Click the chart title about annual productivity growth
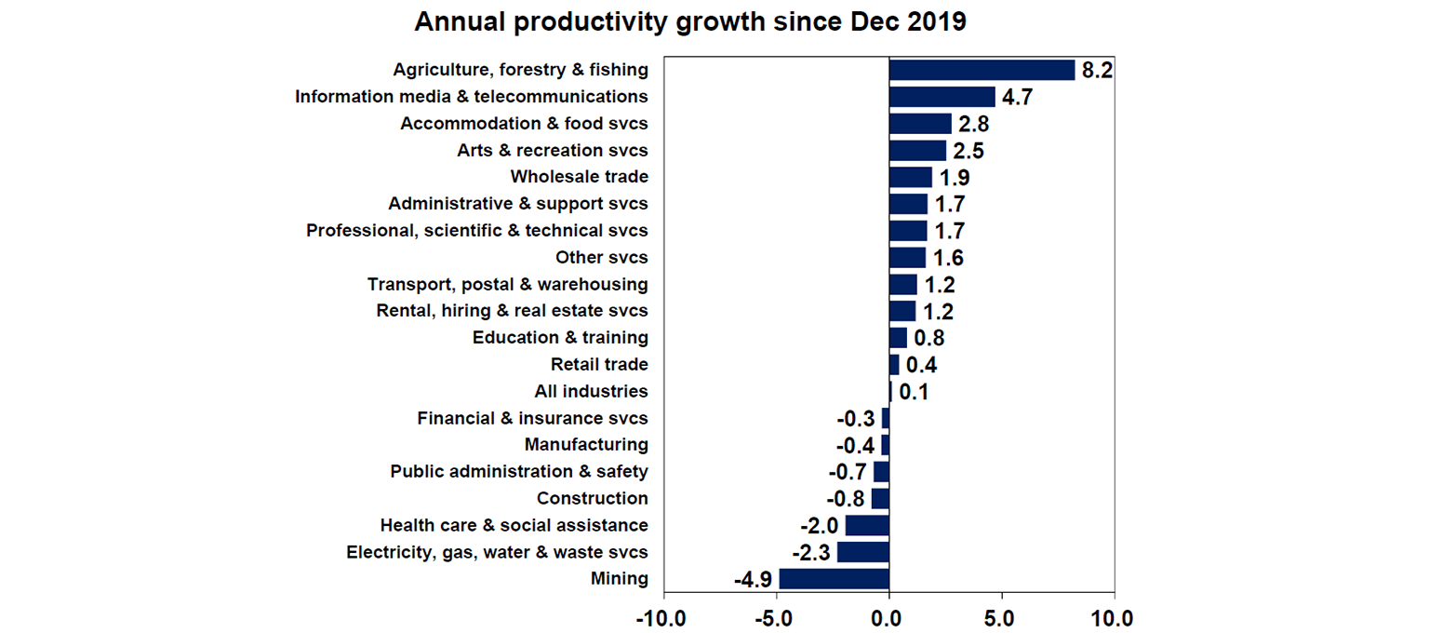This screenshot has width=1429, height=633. pyautogui.click(x=689, y=22)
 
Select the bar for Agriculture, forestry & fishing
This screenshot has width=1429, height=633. pyautogui.click(x=982, y=70)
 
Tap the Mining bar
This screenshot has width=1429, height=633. pyautogui.click(x=834, y=579)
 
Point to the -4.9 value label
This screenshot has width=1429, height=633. pyautogui.click(x=753, y=580)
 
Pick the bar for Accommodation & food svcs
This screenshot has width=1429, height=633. pyautogui.click(x=920, y=124)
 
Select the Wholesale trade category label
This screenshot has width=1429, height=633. pyautogui.click(x=579, y=177)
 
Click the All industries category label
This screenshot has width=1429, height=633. pyautogui.click(x=591, y=391)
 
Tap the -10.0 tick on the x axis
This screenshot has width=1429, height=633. pyautogui.click(x=663, y=617)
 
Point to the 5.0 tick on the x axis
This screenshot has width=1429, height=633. pyautogui.click(x=1001, y=617)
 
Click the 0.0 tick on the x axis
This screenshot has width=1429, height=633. pyautogui.click(x=888, y=617)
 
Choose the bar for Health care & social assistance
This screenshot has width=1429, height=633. pyautogui.click(x=866, y=526)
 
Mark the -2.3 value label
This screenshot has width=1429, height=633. pyautogui.click(x=810, y=553)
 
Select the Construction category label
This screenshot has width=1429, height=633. pyautogui.click(x=592, y=498)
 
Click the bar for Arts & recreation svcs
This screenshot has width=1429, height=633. pyautogui.click(x=917, y=151)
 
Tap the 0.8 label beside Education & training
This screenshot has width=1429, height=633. pyautogui.click(x=929, y=338)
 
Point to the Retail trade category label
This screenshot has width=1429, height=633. pyautogui.click(x=599, y=364)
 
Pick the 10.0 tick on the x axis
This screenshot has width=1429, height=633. pyautogui.click(x=1113, y=617)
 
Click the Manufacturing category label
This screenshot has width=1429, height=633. pyautogui.click(x=586, y=445)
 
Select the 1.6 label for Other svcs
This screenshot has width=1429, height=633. pyautogui.click(x=949, y=258)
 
